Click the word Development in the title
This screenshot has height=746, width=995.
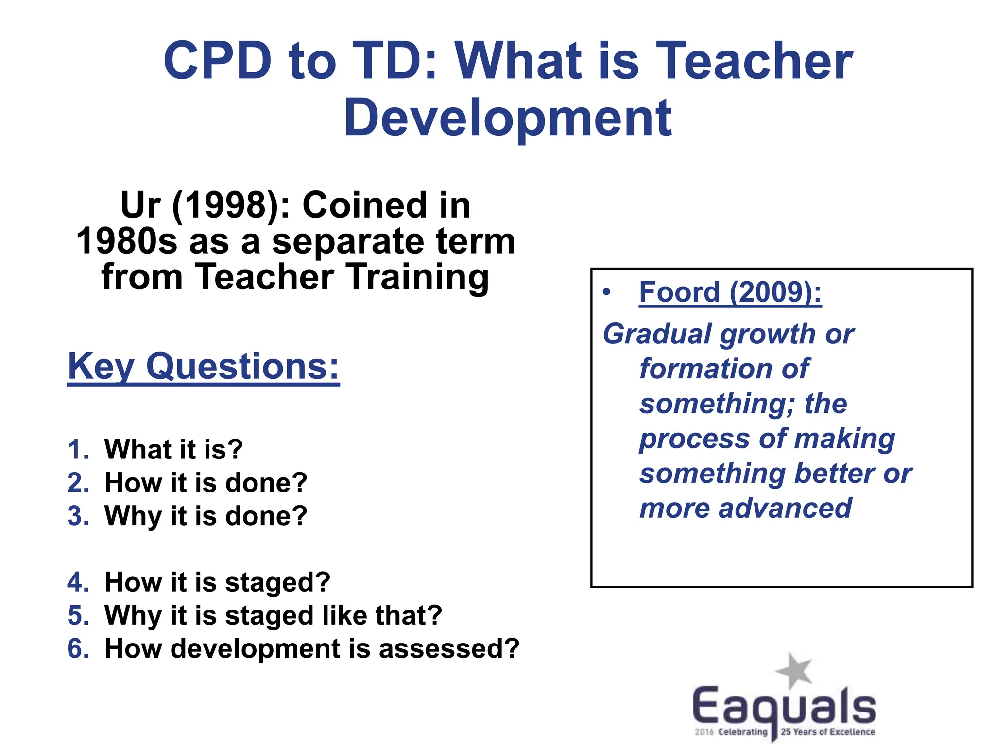pyautogui.click(x=508, y=118)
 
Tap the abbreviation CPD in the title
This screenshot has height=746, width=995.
pyautogui.click(x=217, y=61)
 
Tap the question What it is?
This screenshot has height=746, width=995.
pyautogui.click(x=173, y=449)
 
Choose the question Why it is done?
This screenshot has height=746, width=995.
pyautogui.click(x=206, y=516)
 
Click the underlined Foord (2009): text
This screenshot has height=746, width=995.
pyautogui.click(x=730, y=292)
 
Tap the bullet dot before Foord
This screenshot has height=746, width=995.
pyautogui.click(x=606, y=292)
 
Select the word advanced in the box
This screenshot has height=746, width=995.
pyautogui.click(x=785, y=509)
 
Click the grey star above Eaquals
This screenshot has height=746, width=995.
pyautogui.click(x=794, y=671)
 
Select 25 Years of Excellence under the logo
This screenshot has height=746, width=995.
pyautogui.click(x=827, y=732)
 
